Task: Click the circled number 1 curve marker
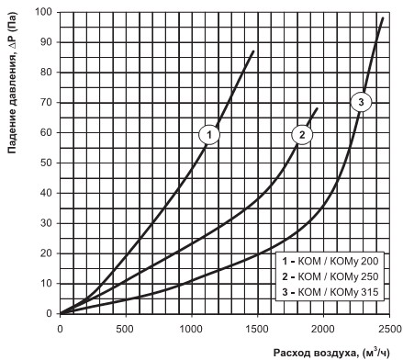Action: [x=209, y=134]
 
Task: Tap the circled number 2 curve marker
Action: [x=302, y=134]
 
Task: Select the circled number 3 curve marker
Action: [x=361, y=102]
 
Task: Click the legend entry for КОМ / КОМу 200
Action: [x=330, y=261]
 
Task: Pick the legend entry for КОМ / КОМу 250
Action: [x=330, y=276]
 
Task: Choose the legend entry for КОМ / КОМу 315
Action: [x=330, y=292]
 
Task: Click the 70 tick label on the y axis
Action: [x=46, y=102]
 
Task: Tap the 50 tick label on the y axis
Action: [x=46, y=163]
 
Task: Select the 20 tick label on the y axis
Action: [x=46, y=253]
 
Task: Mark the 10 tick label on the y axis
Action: [x=46, y=284]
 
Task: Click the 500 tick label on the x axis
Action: [x=125, y=329]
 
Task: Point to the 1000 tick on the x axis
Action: [x=191, y=329]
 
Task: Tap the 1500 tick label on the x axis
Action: [x=257, y=329]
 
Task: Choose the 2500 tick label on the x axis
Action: [x=389, y=329]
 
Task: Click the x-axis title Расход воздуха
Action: [x=316, y=353]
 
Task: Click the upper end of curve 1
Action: [x=253, y=51]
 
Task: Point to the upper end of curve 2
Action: [x=317, y=108]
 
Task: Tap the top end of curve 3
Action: [x=383, y=18]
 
